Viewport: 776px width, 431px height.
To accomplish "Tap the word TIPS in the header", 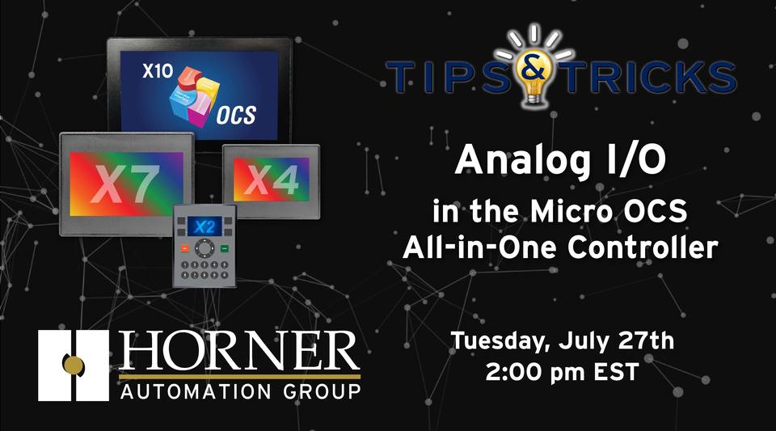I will [x=449, y=75].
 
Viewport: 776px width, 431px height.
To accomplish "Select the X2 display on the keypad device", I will [x=203, y=226].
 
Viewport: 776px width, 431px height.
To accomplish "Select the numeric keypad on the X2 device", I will [x=204, y=268].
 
